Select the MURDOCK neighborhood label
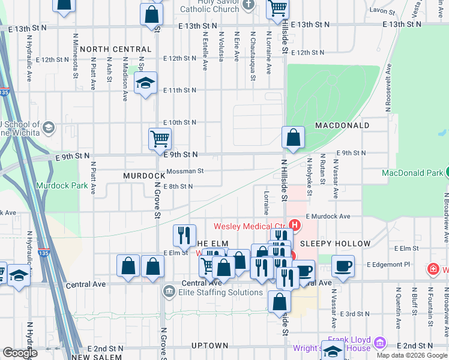pos(144,176)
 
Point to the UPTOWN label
pos(209,346)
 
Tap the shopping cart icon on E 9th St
pos(160,139)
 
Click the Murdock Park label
pos(62,186)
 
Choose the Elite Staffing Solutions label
pos(221,292)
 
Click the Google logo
pos(20,353)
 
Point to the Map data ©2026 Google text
pos(412,355)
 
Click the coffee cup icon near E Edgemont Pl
pos(343,266)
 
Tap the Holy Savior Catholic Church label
pos(209,6)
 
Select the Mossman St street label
pos(185,171)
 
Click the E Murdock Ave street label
pos(328,216)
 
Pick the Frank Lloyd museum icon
pos(379,343)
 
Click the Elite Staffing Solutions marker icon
pos(169,292)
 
